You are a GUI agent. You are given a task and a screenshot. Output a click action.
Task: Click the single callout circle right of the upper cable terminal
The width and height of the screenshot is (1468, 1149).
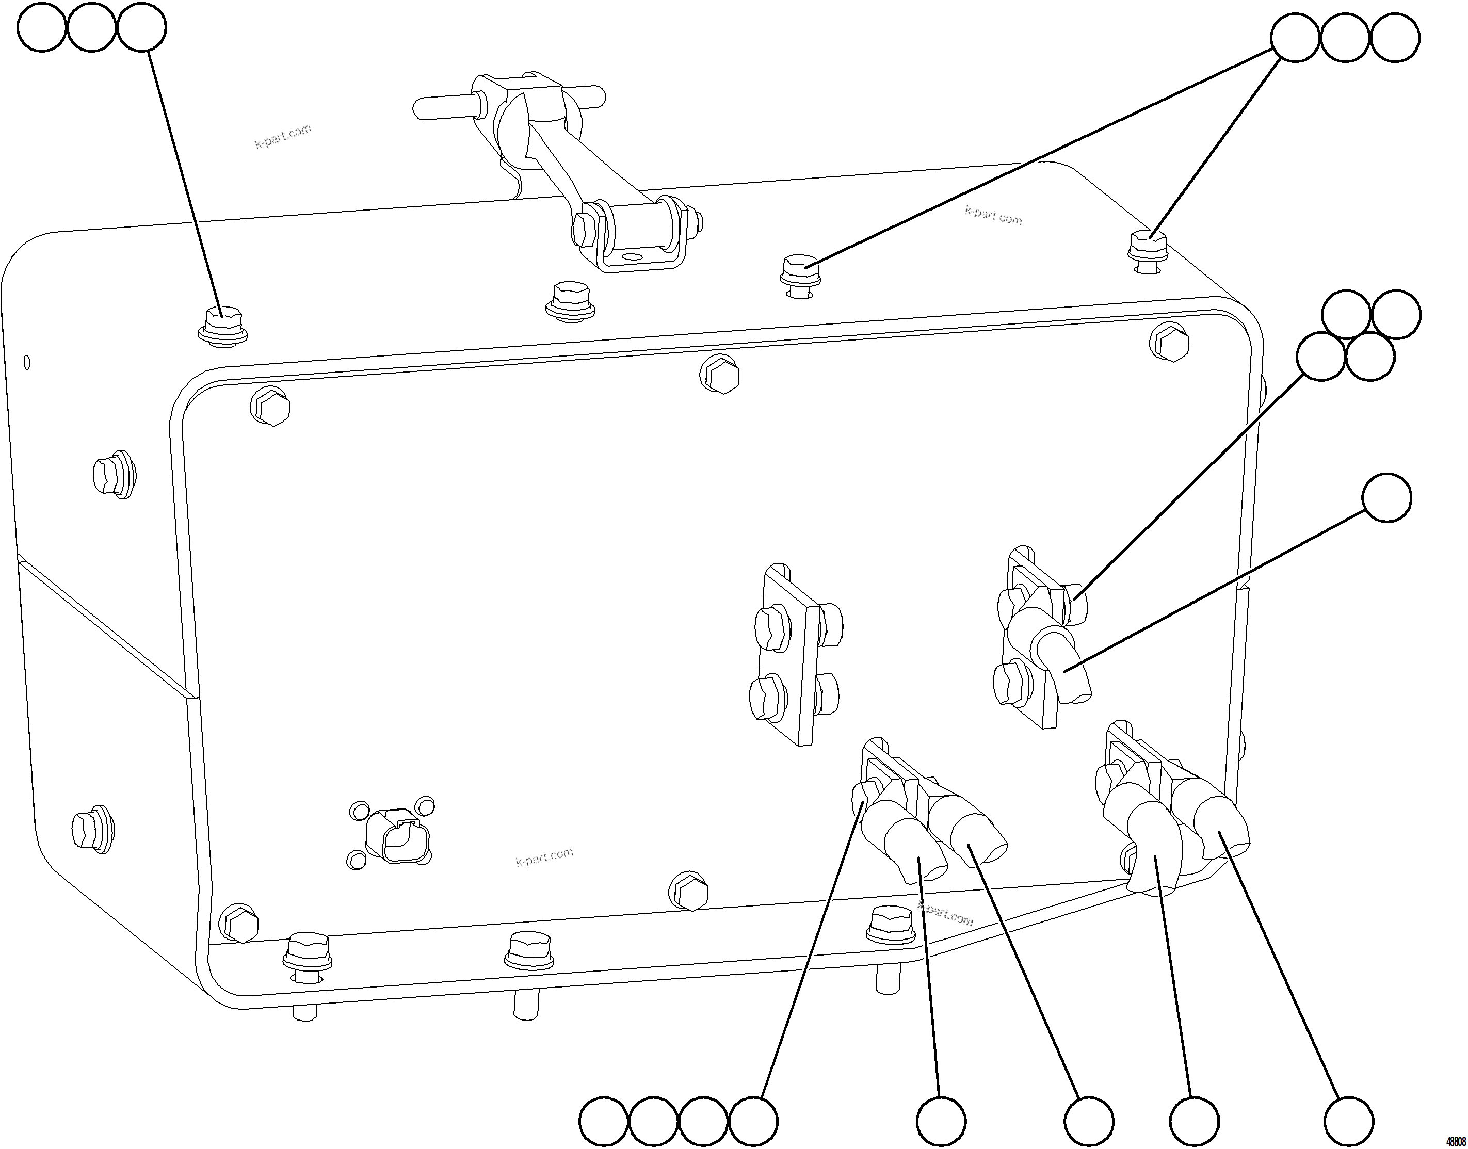click(x=1386, y=498)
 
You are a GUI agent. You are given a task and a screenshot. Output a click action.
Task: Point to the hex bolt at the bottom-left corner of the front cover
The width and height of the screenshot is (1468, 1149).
click(x=239, y=924)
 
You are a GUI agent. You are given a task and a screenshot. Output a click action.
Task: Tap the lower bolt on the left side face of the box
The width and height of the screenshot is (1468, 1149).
click(x=93, y=829)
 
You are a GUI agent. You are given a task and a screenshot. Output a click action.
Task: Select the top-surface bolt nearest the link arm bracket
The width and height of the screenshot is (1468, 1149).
click(x=569, y=299)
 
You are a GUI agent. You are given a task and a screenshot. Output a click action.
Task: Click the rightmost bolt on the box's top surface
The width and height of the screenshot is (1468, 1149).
click(x=1148, y=250)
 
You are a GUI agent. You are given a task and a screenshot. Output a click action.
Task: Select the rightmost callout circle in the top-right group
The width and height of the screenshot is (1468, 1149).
click(x=1395, y=37)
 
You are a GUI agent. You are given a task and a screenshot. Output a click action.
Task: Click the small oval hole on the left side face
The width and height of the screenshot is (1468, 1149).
click(x=26, y=363)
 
